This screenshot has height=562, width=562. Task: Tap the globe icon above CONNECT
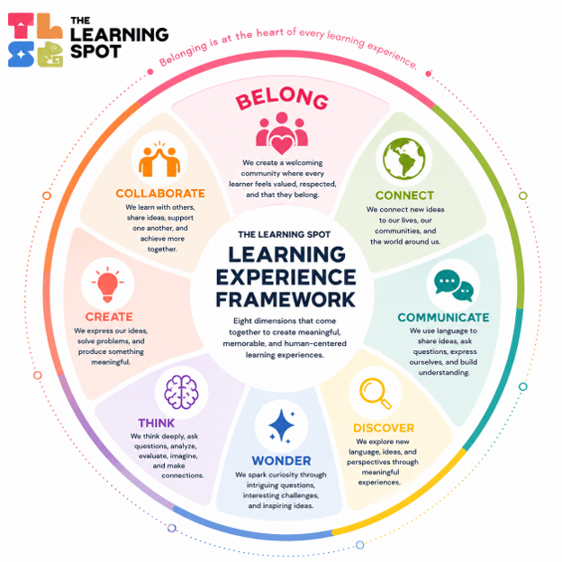[403, 159]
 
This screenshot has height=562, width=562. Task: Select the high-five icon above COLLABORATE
[159, 159]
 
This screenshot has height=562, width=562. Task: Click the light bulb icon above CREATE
[107, 285]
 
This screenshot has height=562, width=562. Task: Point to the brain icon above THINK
[181, 392]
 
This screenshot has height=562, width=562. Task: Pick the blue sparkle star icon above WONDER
[282, 426]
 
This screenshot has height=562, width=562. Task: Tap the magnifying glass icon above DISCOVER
[376, 394]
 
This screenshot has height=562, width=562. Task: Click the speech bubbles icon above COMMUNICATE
[453, 285]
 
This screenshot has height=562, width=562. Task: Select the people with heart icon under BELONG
[282, 133]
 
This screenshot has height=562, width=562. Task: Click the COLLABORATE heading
[160, 194]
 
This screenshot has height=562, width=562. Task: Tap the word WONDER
[281, 460]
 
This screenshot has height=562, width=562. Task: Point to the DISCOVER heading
[384, 428]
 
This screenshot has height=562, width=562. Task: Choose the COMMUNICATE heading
[443, 318]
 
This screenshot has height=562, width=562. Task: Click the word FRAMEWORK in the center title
[286, 300]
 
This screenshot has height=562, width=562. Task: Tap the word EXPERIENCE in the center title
[286, 277]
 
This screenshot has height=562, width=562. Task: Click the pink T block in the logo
[21, 26]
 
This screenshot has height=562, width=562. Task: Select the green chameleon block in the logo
[50, 54]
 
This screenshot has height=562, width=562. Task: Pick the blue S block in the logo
[21, 54]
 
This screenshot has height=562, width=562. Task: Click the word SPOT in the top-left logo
[95, 51]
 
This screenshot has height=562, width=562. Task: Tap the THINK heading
[157, 423]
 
